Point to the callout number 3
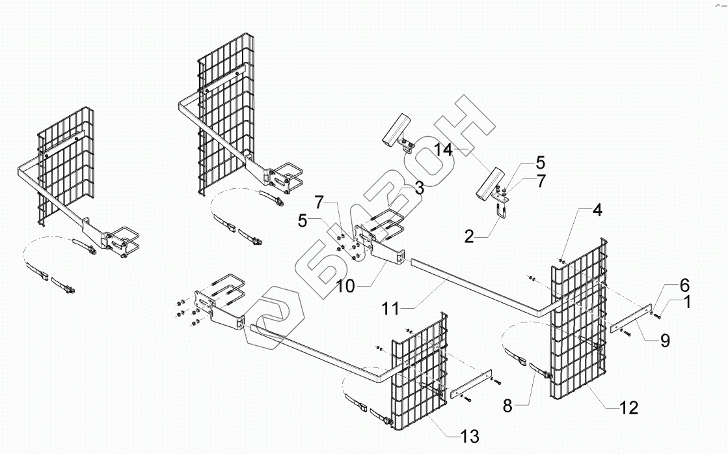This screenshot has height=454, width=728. point(419,188)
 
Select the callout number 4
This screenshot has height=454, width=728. point(597,211)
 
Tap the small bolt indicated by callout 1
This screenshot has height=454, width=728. point(658,316)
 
